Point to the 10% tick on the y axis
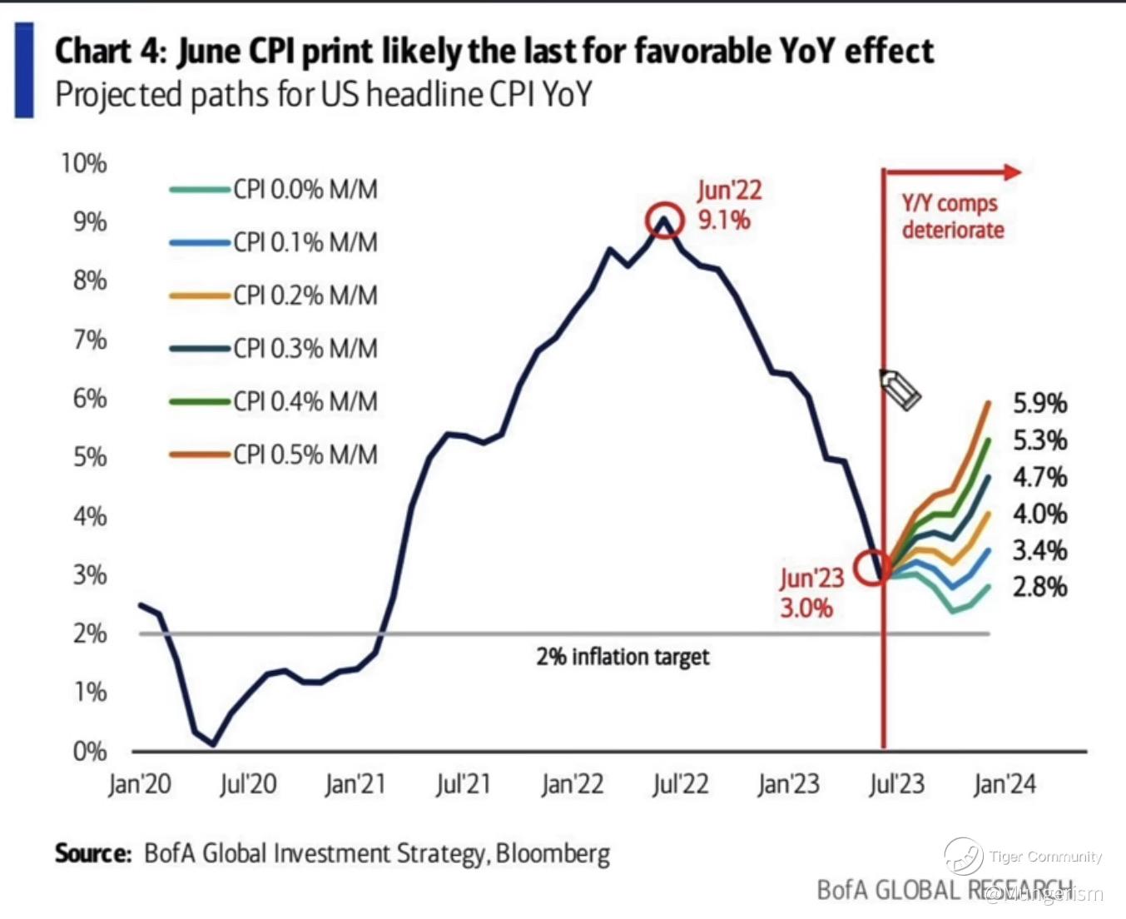pos(84,163)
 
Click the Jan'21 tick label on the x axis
pos(355,784)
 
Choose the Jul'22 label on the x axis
pos(680,784)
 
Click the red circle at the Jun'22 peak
pos(664,220)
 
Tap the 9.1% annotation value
pos(724,221)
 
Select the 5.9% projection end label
pos(1039,404)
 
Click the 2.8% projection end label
pos(1039,587)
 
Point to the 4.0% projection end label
pos(1039,514)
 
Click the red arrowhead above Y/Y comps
pos(1012,172)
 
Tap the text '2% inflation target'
pos(623,657)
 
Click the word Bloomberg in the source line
pos(553,854)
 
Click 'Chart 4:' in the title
pos(112,52)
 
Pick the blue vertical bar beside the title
pos(24,71)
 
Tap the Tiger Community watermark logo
pos(964,856)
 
